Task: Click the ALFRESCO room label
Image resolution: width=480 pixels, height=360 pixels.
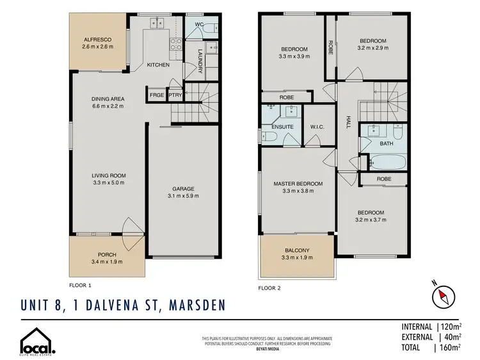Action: (97, 39)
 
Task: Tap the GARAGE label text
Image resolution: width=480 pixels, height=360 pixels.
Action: (182, 188)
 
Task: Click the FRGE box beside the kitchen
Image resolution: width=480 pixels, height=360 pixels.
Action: (156, 95)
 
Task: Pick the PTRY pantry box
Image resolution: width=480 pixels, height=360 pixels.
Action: (175, 95)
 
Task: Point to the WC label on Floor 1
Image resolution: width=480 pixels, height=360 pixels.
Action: (198, 24)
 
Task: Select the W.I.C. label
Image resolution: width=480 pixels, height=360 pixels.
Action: (317, 126)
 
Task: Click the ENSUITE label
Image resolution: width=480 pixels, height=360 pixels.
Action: (282, 127)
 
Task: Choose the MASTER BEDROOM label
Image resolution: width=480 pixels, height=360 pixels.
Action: (298, 184)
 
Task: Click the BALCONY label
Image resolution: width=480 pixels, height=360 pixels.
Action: (295, 250)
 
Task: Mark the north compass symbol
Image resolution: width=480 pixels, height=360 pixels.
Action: (440, 297)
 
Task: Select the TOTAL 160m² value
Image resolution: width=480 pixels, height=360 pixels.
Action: (450, 347)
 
